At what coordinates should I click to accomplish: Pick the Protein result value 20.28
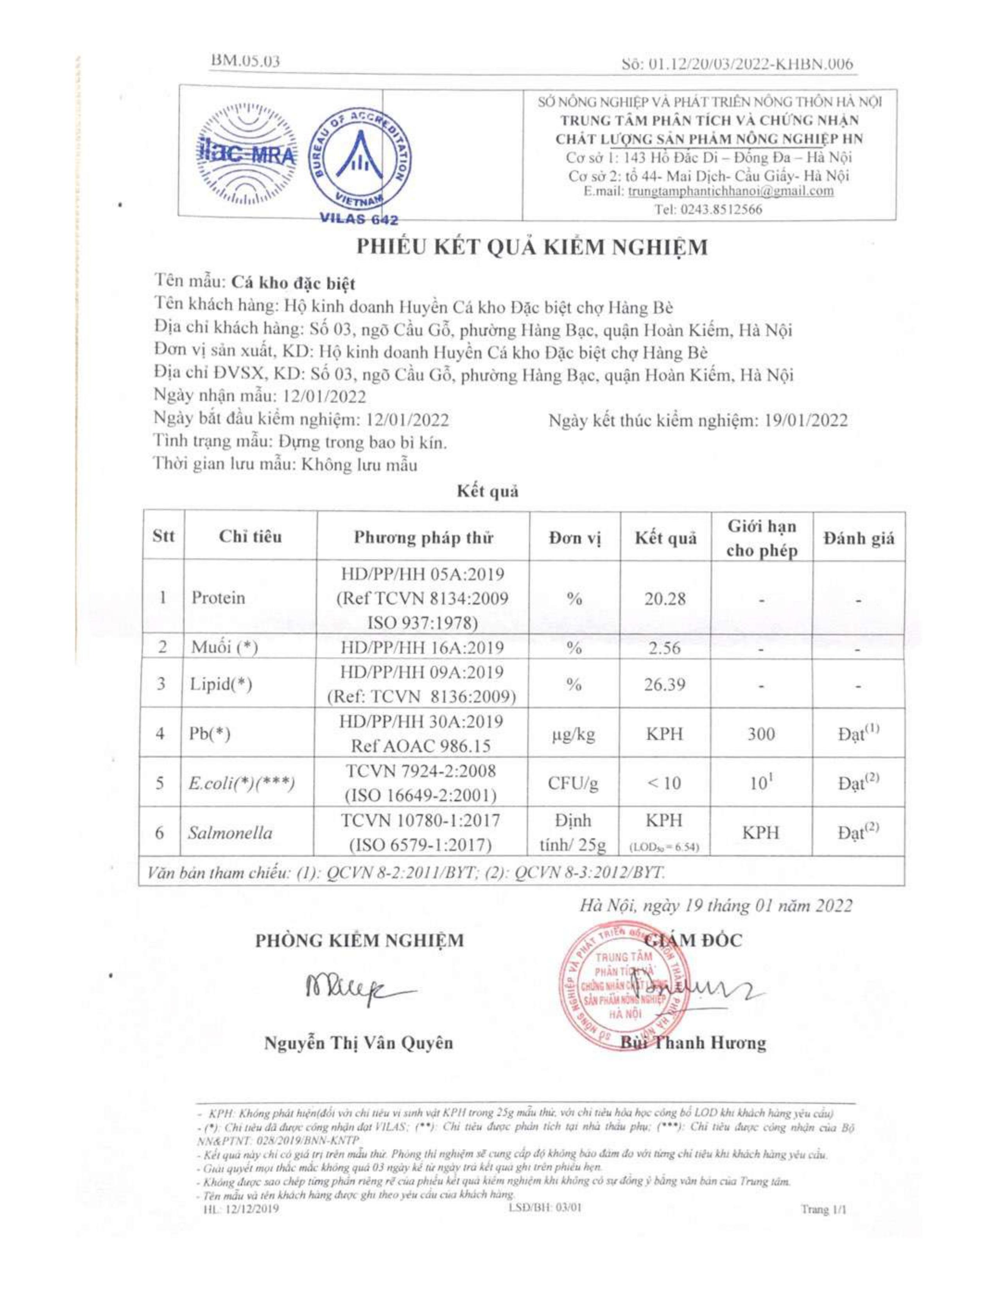point(665,599)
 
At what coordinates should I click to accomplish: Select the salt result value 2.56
point(665,648)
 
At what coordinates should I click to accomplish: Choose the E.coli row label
point(240,784)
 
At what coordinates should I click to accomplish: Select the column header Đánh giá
point(859,538)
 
